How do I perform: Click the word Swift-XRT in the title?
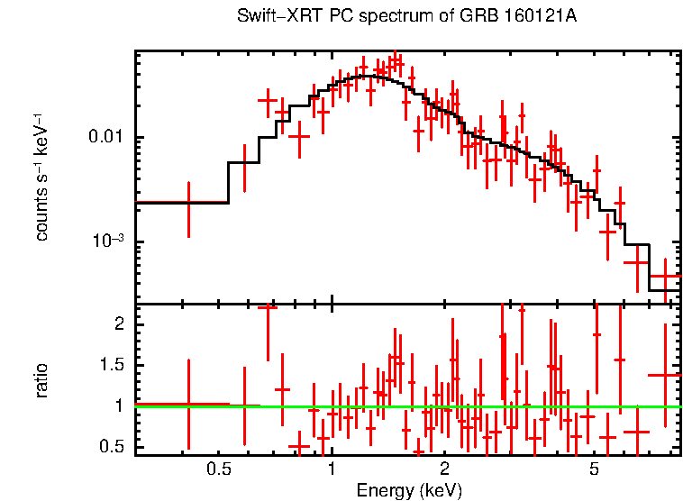tap(269, 17)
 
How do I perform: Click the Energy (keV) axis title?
tap(409, 490)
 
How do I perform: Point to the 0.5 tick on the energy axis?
tap(218, 469)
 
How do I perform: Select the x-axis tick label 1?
tap(332, 469)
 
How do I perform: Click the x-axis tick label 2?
tap(445, 469)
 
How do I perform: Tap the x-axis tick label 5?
tap(595, 469)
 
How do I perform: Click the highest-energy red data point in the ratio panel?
tap(666, 375)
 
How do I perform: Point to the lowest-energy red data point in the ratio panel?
tap(188, 405)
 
